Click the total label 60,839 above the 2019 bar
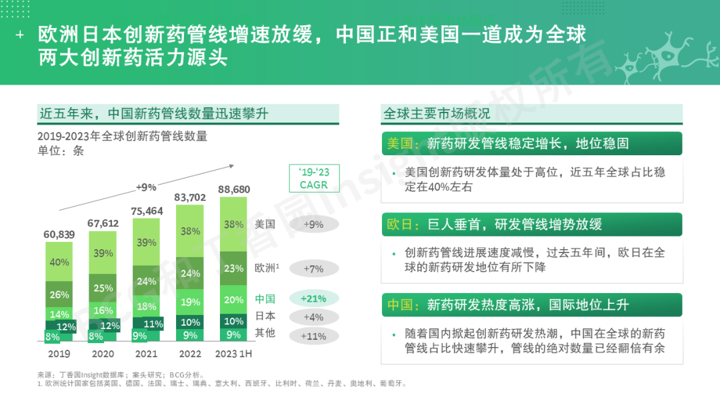point(60,234)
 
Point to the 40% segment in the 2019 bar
point(59,262)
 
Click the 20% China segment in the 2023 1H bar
point(233,300)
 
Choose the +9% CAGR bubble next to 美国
point(313,224)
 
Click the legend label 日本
point(265,316)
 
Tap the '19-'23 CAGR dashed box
point(313,179)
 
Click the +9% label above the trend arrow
point(145,187)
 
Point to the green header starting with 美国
point(531,143)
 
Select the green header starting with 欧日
point(531,224)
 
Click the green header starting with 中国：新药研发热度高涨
point(531,305)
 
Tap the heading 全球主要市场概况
point(437,114)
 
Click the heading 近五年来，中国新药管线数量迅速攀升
point(153,114)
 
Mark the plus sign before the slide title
point(19,35)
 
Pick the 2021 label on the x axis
point(146,354)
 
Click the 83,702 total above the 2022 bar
point(190,198)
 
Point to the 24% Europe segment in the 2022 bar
point(190,273)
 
